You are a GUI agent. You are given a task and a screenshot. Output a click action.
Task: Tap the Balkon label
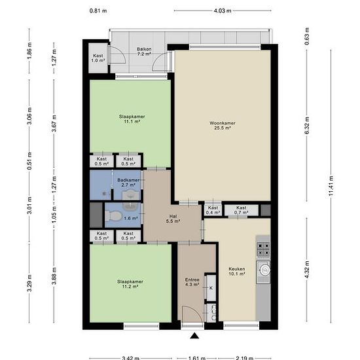[x=144, y=49]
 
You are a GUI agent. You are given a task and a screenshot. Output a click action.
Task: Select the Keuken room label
[x=237, y=268]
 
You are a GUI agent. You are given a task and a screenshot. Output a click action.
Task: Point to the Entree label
[x=192, y=279]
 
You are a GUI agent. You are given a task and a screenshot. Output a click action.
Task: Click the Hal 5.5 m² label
[x=173, y=219]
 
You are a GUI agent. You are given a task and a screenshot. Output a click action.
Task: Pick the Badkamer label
[x=128, y=180]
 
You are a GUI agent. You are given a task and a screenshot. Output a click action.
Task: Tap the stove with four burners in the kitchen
[x=263, y=249]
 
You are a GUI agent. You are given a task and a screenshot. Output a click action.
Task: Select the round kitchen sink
[x=264, y=270]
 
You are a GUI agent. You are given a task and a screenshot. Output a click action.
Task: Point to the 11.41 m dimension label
[x=331, y=185]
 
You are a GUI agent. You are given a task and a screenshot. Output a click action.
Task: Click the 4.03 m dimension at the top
[x=223, y=10]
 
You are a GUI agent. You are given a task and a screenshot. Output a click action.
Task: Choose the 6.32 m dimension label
[x=308, y=126]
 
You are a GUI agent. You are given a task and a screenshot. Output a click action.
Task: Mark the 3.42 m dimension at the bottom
[x=131, y=358]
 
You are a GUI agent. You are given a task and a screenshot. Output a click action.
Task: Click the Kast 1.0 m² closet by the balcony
[x=98, y=58]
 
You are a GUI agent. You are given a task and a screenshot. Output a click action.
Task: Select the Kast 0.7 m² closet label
[x=241, y=210]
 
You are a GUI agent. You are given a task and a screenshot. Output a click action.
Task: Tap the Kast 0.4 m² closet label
[x=213, y=210]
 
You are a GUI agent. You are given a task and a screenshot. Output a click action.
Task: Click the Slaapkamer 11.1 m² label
[x=132, y=119]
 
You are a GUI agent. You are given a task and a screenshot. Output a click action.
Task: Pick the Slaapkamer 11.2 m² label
[x=130, y=284]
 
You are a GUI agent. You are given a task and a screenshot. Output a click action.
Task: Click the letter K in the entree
[x=211, y=288]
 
